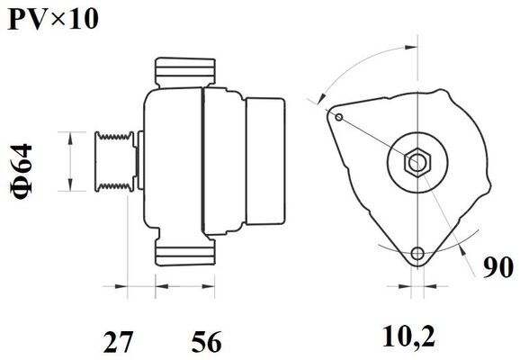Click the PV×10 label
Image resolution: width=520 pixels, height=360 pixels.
pos(53,19)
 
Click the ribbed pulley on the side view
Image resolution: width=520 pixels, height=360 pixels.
pos(114,161)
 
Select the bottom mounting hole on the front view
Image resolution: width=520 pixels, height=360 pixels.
pos(417,254)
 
